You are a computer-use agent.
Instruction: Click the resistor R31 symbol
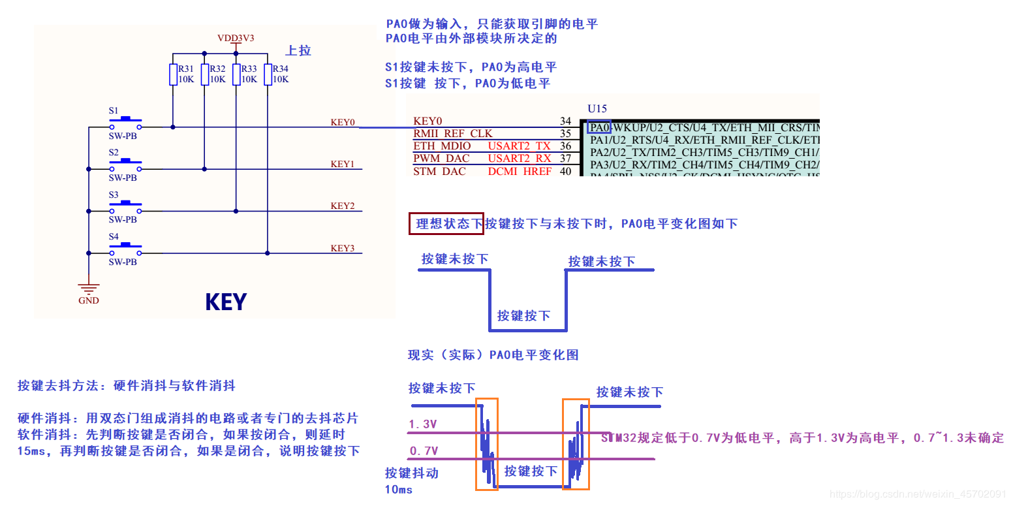(173, 74)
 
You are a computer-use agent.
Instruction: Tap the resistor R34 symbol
(268, 74)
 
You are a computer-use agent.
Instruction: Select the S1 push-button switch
(125, 123)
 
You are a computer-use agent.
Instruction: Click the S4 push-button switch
(125, 249)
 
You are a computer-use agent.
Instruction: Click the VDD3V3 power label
(236, 38)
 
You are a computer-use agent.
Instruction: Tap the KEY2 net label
(342, 206)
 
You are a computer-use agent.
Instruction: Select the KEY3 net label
(342, 248)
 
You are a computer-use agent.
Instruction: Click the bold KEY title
(225, 302)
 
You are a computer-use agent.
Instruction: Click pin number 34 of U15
(565, 121)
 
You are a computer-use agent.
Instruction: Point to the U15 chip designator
(597, 108)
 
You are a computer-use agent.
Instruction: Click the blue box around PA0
(599, 127)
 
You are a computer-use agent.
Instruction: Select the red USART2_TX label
(519, 146)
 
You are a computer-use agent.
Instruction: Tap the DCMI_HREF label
(520, 171)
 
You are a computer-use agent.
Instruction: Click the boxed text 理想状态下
(446, 224)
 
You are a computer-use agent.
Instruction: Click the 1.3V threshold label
(423, 424)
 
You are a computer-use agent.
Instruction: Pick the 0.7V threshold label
(423, 451)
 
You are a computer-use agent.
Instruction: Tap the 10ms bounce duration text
(399, 490)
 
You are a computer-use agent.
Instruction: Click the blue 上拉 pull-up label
(298, 50)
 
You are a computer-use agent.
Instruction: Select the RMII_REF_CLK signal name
(453, 133)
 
